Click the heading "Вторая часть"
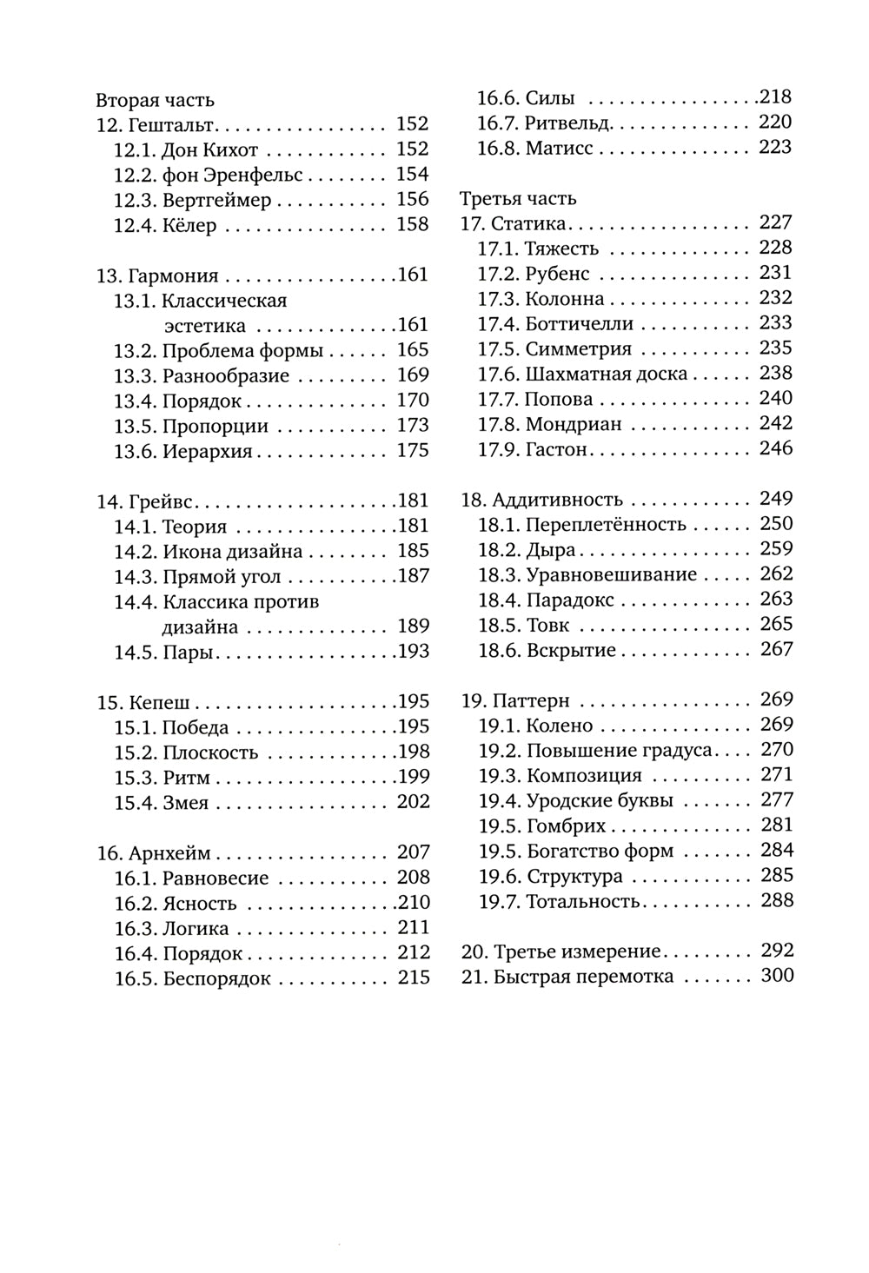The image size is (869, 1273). tap(155, 100)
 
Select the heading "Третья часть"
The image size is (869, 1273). tap(518, 198)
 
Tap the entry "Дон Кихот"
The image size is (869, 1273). tap(210, 150)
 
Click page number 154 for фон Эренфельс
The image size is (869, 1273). tap(413, 175)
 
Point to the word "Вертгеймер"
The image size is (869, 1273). tap(217, 201)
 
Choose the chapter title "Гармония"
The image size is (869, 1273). tap(173, 276)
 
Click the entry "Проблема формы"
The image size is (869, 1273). tap(242, 351)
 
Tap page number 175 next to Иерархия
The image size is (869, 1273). tap(413, 451)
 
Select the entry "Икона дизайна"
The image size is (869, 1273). tap(233, 552)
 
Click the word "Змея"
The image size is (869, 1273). tap(186, 803)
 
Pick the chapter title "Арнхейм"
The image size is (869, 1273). tap(169, 853)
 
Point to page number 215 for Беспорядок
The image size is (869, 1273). tap(414, 978)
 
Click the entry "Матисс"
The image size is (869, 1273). tap(559, 149)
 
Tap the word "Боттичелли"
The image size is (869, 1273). tap(579, 324)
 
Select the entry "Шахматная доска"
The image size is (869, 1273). tap(607, 375)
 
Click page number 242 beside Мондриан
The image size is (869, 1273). tap(776, 424)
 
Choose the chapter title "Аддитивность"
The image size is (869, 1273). tap(557, 500)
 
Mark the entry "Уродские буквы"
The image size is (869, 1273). tap(600, 801)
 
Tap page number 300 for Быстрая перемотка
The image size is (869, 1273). tap(777, 976)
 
